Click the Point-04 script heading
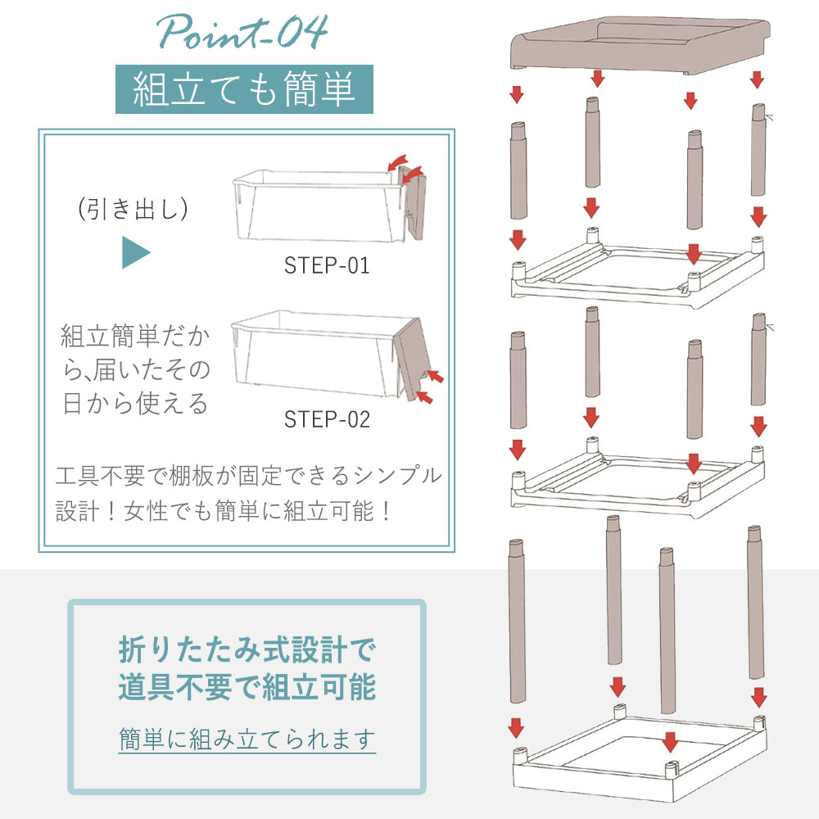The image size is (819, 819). (x=242, y=32)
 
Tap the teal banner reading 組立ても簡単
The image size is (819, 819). (x=244, y=88)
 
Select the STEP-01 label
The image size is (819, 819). (x=327, y=265)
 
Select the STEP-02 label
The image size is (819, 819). (x=327, y=419)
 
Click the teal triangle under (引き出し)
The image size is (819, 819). (x=135, y=252)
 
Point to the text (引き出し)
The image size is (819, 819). (x=133, y=209)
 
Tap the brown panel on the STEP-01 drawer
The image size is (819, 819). (x=412, y=201)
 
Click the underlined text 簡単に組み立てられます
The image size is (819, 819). (x=247, y=739)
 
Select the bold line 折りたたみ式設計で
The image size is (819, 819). (x=247, y=649)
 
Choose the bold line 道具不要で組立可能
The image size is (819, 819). (x=247, y=686)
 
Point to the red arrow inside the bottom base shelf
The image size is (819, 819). (x=670, y=742)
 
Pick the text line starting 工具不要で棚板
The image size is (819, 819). (x=249, y=476)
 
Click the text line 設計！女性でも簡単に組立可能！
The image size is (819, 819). (x=224, y=510)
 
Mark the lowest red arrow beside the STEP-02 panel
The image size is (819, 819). (x=425, y=397)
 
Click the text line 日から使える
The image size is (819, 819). (x=135, y=404)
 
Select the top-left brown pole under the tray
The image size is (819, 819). (x=518, y=170)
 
